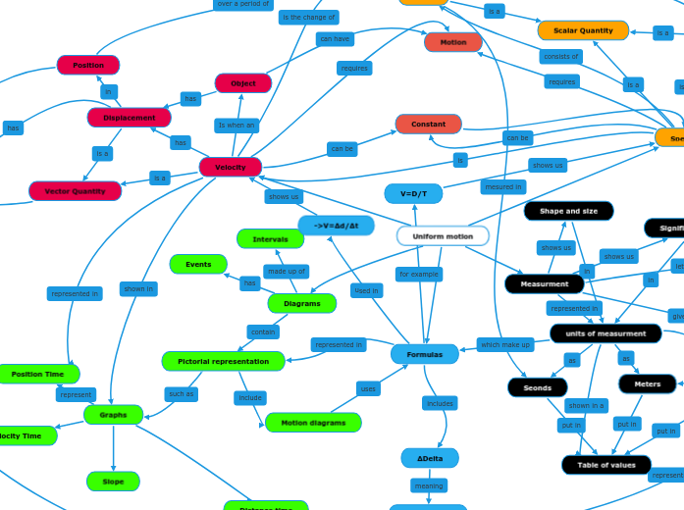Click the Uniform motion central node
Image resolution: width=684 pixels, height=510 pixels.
pyautogui.click(x=443, y=236)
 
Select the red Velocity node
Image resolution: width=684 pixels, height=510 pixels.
pyautogui.click(x=231, y=168)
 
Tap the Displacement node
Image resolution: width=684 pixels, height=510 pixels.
pyautogui.click(x=130, y=118)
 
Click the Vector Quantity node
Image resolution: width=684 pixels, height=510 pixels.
pyautogui.click(x=75, y=191)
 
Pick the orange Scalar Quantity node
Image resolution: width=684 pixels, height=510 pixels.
pyautogui.click(x=583, y=30)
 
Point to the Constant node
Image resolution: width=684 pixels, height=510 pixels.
pyautogui.click(x=428, y=125)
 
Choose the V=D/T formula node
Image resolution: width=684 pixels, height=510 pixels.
pyautogui.click(x=413, y=194)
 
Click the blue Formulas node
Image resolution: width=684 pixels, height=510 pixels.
pyautogui.click(x=424, y=354)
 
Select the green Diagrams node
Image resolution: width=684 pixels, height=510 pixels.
pyautogui.click(x=302, y=304)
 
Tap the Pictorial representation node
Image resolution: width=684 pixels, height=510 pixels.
pyautogui.click(x=224, y=362)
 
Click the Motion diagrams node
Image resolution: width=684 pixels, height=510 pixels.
pyautogui.click(x=313, y=423)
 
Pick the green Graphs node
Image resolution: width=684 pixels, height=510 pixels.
pyautogui.click(x=114, y=415)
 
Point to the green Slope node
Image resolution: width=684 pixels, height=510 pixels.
pyautogui.click(x=113, y=482)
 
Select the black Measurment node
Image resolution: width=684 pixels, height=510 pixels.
pyautogui.click(x=545, y=284)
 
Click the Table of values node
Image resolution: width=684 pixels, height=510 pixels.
pyautogui.click(x=606, y=465)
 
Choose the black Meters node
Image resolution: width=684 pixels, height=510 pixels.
pyautogui.click(x=647, y=384)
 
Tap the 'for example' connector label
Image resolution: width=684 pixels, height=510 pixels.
pyautogui.click(x=419, y=275)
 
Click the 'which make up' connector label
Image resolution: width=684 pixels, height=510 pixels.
pyautogui.click(x=505, y=344)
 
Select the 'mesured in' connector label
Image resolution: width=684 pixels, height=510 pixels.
pyautogui.click(x=503, y=186)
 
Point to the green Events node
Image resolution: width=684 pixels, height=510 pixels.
pyautogui.click(x=198, y=265)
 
